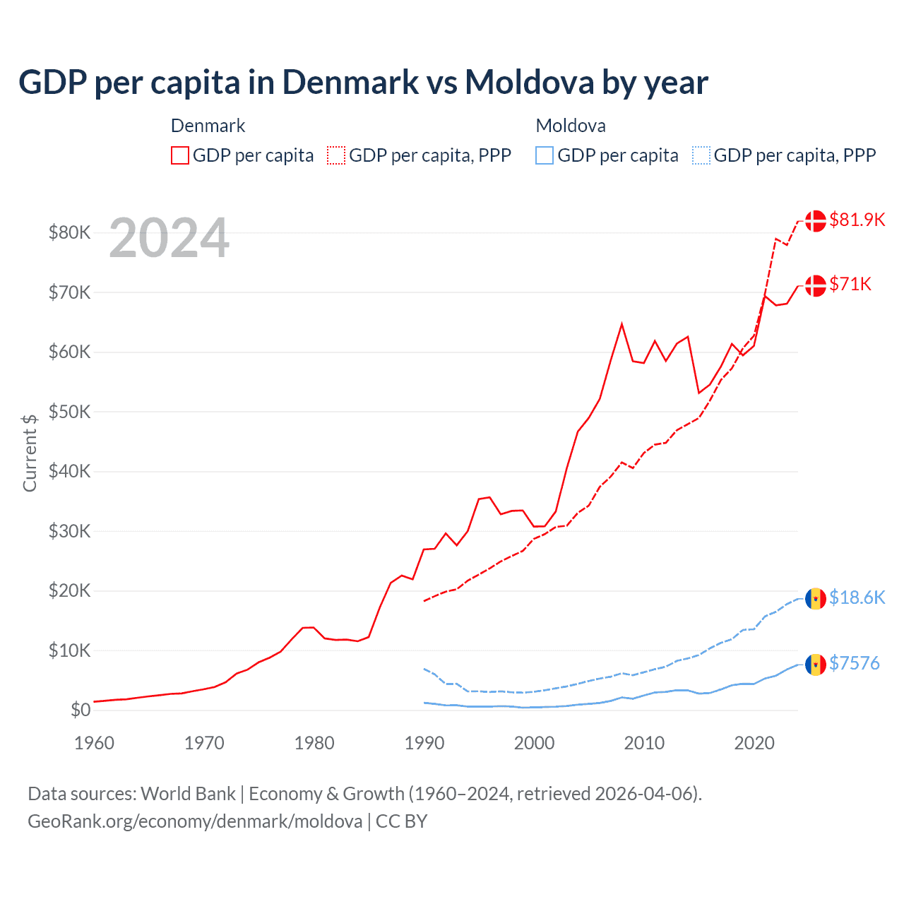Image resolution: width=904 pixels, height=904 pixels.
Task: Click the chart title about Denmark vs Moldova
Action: [363, 83]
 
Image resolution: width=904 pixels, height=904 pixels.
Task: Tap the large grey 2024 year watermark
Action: [169, 239]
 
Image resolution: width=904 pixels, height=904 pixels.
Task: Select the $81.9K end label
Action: [857, 220]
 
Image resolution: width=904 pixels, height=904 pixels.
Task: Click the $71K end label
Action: [850, 284]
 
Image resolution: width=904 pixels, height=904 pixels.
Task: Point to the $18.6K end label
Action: [857, 597]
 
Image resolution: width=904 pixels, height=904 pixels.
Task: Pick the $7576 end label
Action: [854, 663]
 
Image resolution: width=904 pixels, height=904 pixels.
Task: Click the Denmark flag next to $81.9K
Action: [816, 220]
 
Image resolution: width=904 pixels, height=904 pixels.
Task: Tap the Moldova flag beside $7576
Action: [816, 664]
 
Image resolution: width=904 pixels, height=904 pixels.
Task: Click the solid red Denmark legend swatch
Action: [180, 155]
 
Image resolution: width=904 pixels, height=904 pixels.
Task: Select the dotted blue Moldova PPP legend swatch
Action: [701, 155]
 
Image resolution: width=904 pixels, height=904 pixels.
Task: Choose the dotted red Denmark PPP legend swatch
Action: [336, 155]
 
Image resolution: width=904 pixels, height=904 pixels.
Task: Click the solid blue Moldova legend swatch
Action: [545, 155]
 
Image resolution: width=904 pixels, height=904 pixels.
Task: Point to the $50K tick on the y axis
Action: [69, 412]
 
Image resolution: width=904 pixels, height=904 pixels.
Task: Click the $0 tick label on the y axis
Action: [81, 710]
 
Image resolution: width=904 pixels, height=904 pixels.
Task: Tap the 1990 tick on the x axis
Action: [424, 743]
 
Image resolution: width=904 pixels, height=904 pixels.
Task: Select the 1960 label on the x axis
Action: [94, 743]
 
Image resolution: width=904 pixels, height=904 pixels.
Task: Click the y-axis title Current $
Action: [30, 453]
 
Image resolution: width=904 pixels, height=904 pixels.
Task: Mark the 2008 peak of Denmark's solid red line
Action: [621, 324]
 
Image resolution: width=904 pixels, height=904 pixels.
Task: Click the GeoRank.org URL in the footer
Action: [195, 821]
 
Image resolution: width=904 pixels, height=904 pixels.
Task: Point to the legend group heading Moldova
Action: [571, 126]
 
